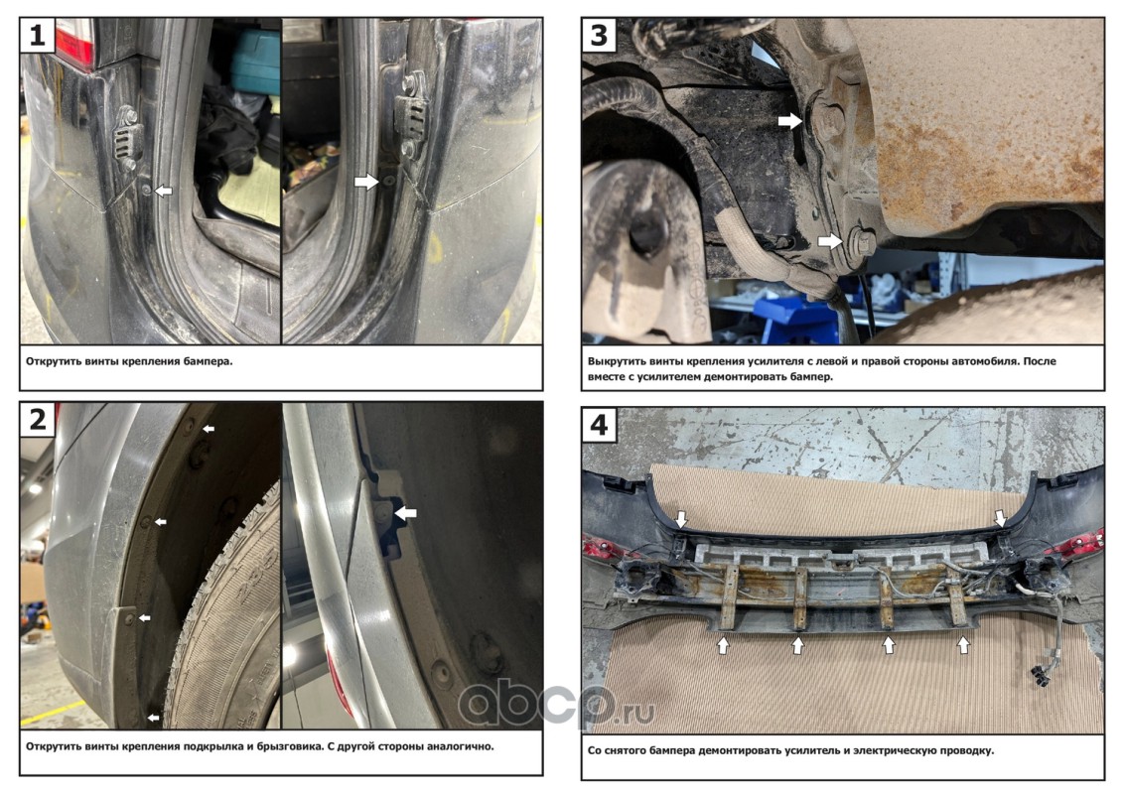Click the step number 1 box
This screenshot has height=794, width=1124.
click(38, 35)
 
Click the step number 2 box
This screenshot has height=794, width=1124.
click(38, 419)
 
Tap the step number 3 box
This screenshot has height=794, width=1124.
click(600, 35)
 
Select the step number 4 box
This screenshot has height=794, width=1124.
click(600, 425)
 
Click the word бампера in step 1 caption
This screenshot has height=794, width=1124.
click(208, 362)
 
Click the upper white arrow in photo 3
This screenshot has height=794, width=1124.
click(790, 120)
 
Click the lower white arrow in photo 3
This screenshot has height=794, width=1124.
click(830, 241)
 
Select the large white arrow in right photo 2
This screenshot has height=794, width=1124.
click(406, 512)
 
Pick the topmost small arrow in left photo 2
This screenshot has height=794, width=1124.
click(209, 429)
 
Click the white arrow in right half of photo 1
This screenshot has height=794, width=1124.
click(366, 182)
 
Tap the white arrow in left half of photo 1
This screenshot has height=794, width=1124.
click(164, 191)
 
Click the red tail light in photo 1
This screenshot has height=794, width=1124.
click(74, 42)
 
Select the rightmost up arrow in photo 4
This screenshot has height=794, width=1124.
click(963, 645)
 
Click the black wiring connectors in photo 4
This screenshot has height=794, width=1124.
click(1039, 674)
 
